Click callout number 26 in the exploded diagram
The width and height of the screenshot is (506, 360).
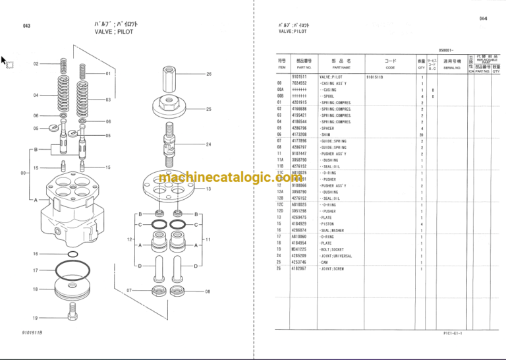pos(209,74)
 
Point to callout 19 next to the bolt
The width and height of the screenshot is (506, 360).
pos(36,318)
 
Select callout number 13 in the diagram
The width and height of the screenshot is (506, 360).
pos(208,189)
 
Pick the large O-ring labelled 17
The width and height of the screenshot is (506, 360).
pos(69,271)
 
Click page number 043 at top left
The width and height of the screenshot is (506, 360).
pos(26,26)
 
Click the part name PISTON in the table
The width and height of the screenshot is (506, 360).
pos(331,224)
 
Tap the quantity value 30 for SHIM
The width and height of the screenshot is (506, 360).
pos(422,134)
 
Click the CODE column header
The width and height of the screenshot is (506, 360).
pos(390,67)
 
